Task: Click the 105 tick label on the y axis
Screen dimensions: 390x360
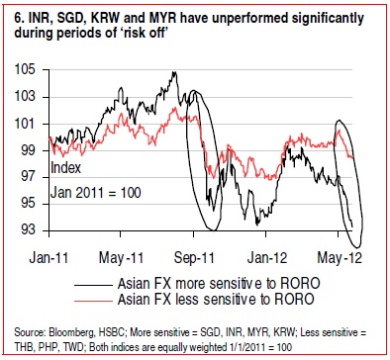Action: tap(25, 70)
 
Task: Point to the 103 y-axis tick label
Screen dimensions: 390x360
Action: tap(25, 97)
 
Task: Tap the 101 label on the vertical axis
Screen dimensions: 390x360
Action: tap(25, 124)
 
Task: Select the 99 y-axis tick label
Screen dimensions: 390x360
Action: tap(28, 150)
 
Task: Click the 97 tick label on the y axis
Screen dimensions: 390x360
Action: tap(28, 177)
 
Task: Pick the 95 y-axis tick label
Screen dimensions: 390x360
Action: tap(28, 204)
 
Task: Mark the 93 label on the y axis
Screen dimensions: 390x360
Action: tap(28, 229)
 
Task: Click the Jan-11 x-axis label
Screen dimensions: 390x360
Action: tap(49, 257)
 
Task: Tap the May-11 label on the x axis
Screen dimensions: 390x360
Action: tap(121, 257)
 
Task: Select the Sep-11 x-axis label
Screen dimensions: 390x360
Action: tap(194, 257)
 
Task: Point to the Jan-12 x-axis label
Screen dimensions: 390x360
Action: tap(267, 257)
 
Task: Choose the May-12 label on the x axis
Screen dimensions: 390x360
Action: tap(340, 257)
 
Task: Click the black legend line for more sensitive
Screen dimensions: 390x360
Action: tap(93, 285)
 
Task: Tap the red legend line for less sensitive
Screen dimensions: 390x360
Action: tap(93, 301)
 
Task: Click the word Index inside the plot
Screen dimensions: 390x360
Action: tap(65, 168)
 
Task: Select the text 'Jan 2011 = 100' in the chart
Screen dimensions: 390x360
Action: tap(95, 193)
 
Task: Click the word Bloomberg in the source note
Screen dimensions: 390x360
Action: tap(71, 332)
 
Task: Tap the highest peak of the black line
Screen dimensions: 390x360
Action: tap(174, 72)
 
